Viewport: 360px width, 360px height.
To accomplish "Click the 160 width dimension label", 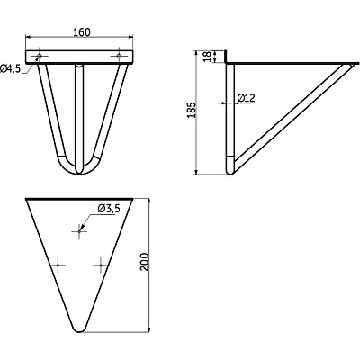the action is pos(82,32).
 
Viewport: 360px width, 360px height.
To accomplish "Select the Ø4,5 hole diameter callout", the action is pos(11,68).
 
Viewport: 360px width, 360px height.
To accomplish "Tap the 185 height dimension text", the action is pos(192,110).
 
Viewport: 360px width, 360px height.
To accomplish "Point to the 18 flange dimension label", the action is pos(207,57).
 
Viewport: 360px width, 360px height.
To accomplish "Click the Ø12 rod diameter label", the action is pos(246,98).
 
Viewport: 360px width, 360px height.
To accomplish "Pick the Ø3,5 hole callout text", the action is pos(109,209).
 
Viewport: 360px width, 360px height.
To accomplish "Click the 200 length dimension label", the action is pos(145,262).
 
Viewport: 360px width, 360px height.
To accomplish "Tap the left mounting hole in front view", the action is pos(40,56).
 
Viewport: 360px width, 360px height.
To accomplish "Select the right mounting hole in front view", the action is pos(119,56).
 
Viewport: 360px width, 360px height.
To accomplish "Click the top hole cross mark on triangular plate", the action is pos(79,231).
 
